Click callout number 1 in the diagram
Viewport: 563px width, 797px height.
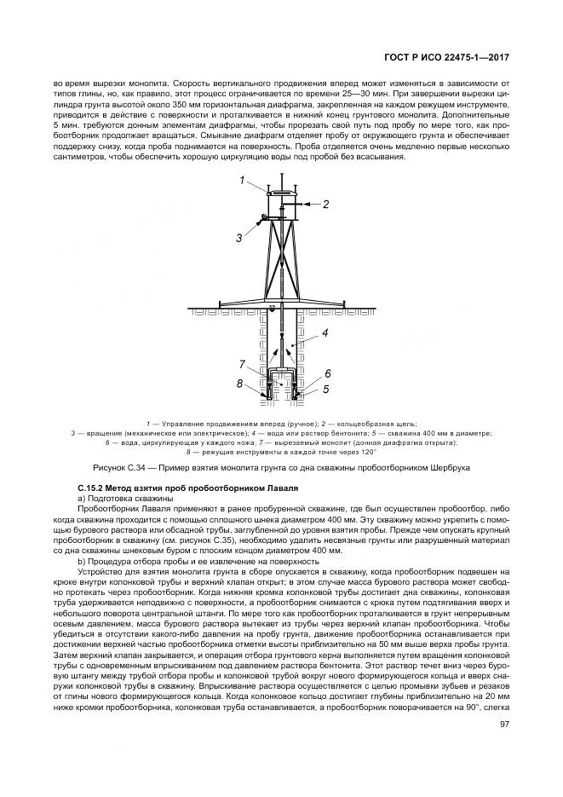click(242, 180)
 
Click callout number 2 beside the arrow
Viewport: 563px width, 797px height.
click(325, 204)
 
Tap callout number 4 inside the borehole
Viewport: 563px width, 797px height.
click(325, 335)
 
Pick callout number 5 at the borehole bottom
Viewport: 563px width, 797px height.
click(325, 389)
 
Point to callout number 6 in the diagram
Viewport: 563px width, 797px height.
click(327, 373)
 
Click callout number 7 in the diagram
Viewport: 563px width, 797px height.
click(242, 364)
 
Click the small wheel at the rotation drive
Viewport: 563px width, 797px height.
click(265, 217)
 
